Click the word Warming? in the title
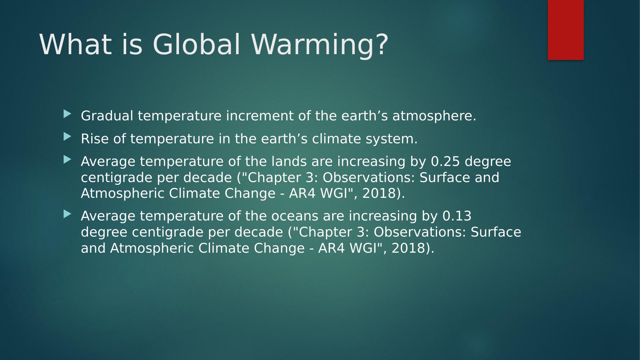[x=320, y=44]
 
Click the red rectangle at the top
[x=566, y=30]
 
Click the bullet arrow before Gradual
[x=68, y=114]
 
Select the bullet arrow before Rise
[x=68, y=137]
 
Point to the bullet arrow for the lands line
[x=68, y=159]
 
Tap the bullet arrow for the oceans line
[x=68, y=214]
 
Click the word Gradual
[x=107, y=116]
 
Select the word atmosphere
[x=434, y=116]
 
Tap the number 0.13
[x=457, y=216]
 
